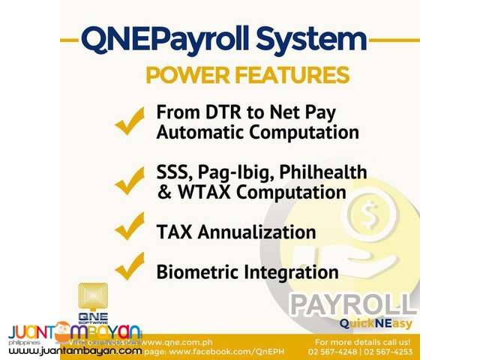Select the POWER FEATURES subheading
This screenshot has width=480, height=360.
click(x=247, y=75)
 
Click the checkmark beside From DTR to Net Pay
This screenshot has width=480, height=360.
click(x=130, y=120)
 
